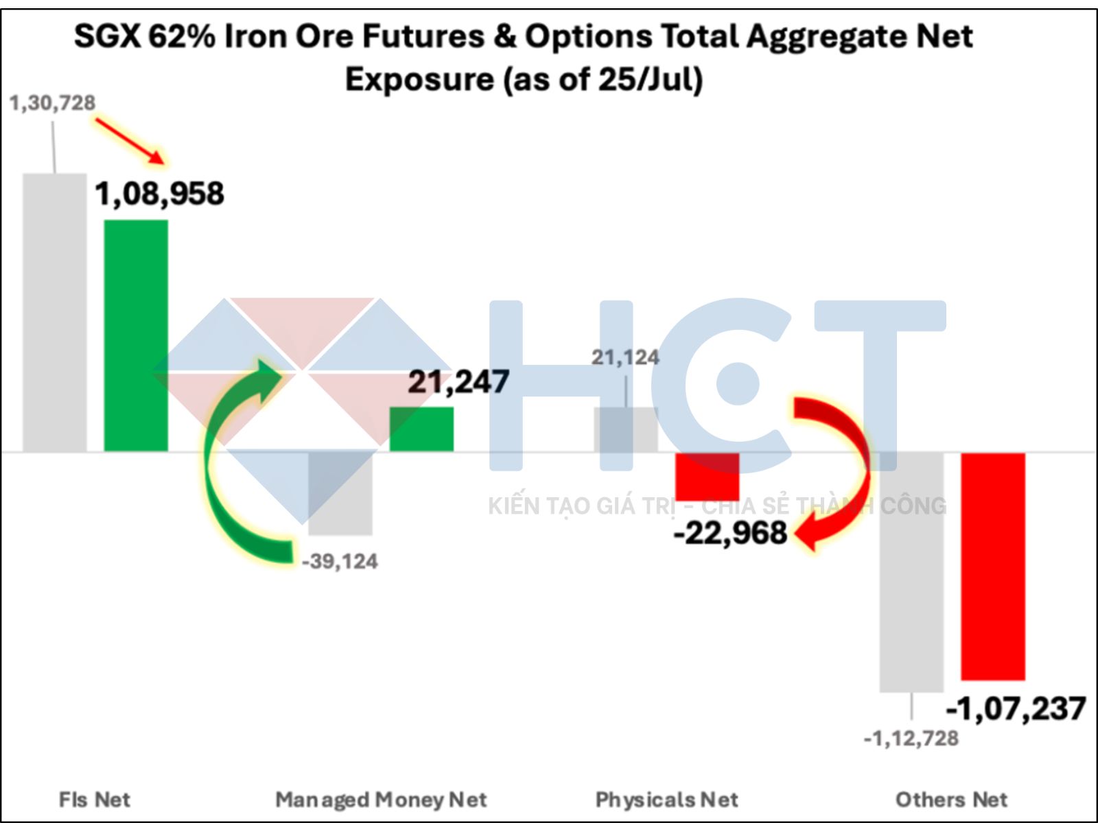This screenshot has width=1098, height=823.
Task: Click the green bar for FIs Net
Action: [x=136, y=335]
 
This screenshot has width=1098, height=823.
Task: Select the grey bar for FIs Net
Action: [x=55, y=312]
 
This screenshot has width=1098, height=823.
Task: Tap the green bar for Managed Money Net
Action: [x=421, y=429]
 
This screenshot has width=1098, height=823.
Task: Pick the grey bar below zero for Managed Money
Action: [x=340, y=494]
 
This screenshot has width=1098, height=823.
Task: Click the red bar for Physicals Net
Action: [x=708, y=477]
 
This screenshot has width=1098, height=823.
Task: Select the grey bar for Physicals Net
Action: [x=625, y=430]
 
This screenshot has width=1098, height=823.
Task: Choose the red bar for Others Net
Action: [x=993, y=566]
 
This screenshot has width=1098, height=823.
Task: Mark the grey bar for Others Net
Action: [x=912, y=572]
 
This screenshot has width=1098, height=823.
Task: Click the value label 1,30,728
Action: [x=52, y=103]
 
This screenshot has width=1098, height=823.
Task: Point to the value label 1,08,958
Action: [x=159, y=194]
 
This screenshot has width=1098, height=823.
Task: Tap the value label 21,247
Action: [x=458, y=382]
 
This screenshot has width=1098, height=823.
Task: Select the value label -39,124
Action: [x=340, y=562]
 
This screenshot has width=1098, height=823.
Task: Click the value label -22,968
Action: [x=730, y=533]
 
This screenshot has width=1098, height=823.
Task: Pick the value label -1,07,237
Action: [x=1016, y=709]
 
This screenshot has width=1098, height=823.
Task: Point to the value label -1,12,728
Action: [x=911, y=739]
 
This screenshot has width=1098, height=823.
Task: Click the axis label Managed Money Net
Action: [x=381, y=800]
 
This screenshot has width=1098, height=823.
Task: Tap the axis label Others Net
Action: [x=951, y=800]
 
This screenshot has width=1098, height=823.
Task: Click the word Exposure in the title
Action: [x=419, y=80]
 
